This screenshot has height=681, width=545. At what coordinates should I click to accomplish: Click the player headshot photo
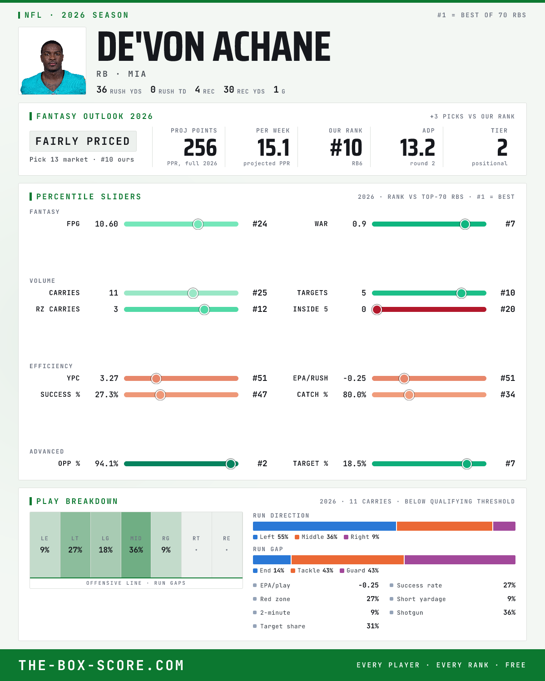(52, 61)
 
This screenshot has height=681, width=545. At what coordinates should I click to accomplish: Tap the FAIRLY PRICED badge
(83, 141)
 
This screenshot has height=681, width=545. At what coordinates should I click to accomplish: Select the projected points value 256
(200, 148)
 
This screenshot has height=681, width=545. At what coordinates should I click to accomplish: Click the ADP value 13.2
(417, 148)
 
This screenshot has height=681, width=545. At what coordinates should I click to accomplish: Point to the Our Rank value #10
(346, 148)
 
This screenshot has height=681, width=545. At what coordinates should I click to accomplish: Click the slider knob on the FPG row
(198, 224)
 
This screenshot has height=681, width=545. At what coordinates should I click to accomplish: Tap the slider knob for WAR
(465, 224)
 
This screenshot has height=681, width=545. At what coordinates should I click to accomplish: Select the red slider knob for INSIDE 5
(377, 309)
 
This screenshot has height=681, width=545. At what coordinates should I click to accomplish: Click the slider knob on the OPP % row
(231, 464)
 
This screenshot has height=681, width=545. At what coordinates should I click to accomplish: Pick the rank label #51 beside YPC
(260, 378)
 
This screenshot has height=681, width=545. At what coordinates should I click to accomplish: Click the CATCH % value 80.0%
(354, 395)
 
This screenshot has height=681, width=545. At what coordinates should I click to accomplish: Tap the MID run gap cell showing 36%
(136, 545)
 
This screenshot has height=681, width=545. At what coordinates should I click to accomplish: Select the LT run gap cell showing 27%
(75, 545)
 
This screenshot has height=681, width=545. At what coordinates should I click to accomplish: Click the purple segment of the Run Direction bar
(504, 526)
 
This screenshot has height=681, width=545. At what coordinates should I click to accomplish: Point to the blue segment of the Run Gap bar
(272, 559)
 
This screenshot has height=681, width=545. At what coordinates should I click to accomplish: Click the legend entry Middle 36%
(316, 537)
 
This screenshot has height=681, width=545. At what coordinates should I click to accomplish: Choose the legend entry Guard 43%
(359, 571)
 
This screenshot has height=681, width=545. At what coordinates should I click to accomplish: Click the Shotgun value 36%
(509, 612)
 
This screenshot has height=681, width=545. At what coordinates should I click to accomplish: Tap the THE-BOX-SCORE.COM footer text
(101, 665)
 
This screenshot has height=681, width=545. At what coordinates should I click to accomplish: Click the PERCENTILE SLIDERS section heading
(89, 197)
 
